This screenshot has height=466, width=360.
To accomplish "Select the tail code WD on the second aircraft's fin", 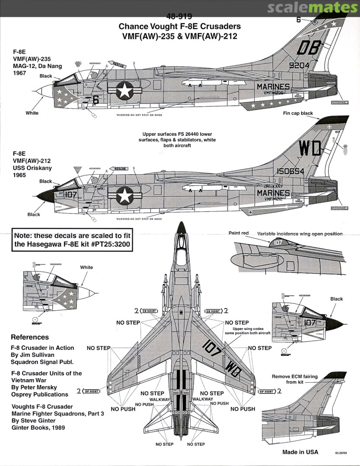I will point(310,149).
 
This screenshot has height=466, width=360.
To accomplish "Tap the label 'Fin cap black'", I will point(298,113).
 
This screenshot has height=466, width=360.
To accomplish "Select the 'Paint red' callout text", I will point(239,233).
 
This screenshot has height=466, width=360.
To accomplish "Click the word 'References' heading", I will point(30,337).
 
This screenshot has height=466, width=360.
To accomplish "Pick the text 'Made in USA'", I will point(300,452).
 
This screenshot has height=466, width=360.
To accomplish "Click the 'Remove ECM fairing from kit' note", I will point(294,379).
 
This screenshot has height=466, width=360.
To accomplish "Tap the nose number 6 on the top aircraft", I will point(96,99).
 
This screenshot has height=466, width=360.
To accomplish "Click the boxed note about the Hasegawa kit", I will point(72,240).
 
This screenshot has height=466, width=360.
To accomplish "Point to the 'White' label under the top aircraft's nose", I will point(32,113).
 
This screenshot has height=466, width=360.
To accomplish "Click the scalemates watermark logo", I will point(313,8).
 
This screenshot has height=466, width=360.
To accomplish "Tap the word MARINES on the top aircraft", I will point(273,87).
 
